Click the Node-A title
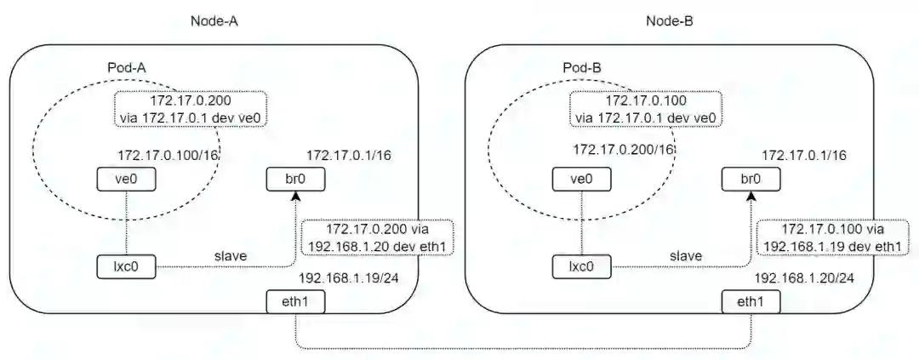pos(214,21)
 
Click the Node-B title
pos(671,21)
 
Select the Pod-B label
pos(584,66)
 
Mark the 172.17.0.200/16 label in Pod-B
pos(624,150)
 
